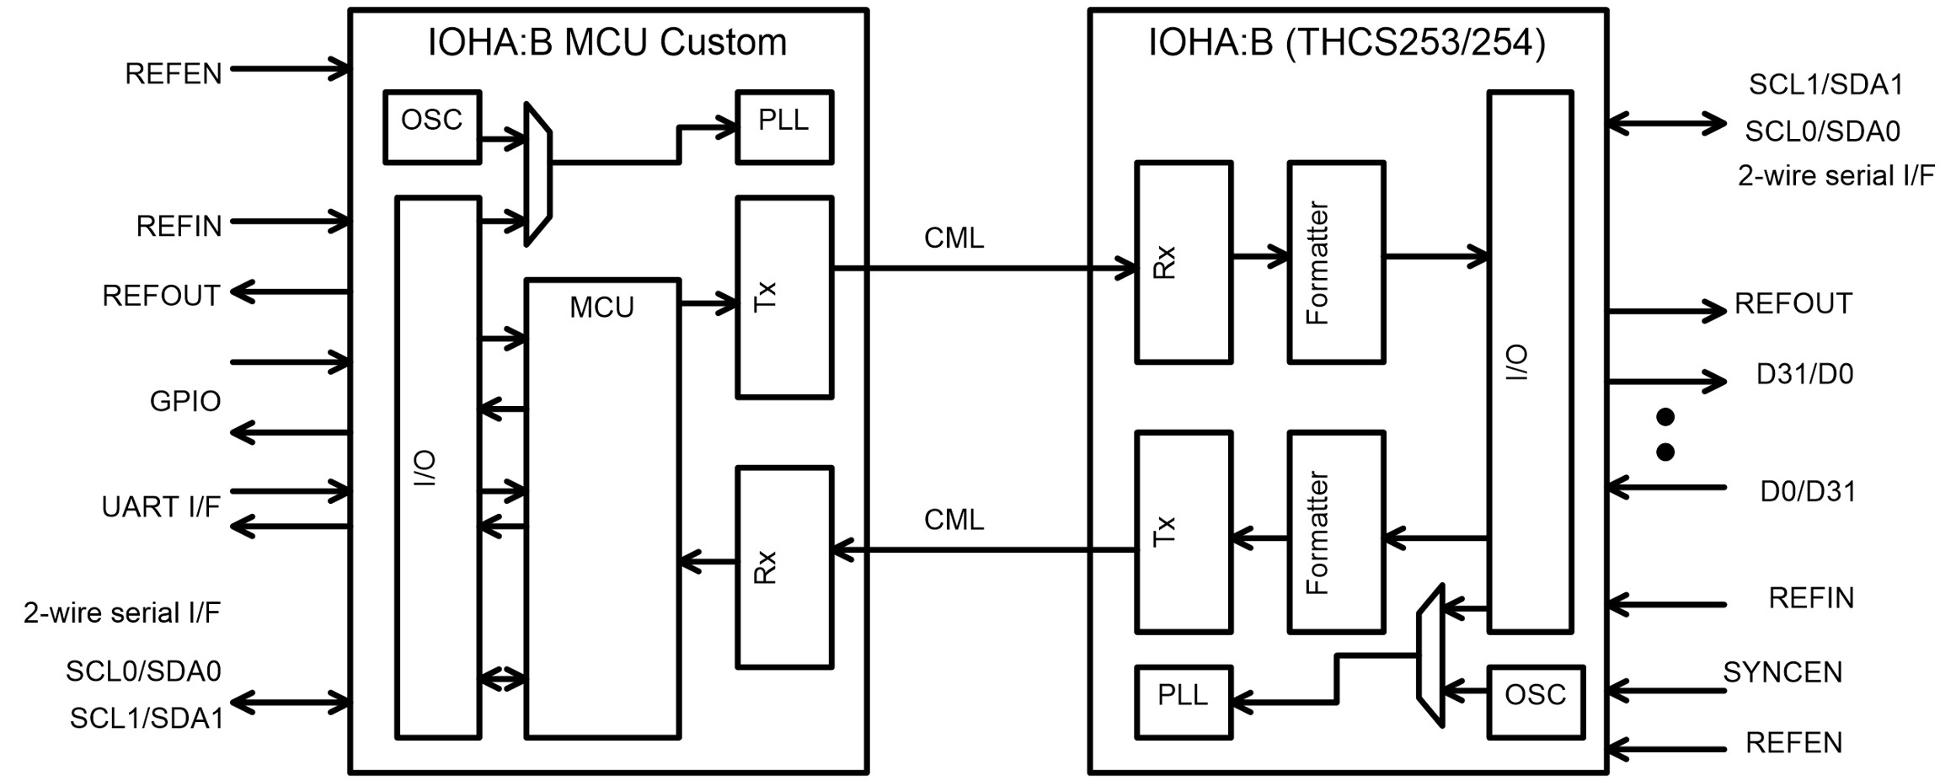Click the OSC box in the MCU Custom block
[x=431, y=126]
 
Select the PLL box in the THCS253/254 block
[x=1183, y=701]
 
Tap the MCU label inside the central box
[x=601, y=308]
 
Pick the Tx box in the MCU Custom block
[x=784, y=297]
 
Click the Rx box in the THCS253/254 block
[x=1183, y=262]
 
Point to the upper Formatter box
[x=1336, y=262]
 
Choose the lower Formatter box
[x=1336, y=532]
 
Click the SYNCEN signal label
[x=1782, y=672]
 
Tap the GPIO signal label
[x=185, y=401]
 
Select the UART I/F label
[x=161, y=507]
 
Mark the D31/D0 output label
[x=1804, y=374]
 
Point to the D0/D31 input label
[x=1808, y=491]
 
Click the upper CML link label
[x=954, y=238]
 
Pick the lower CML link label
[x=954, y=520]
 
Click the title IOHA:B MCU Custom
[x=607, y=42]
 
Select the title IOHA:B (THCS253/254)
[x=1346, y=42]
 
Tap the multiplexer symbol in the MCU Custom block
[x=537, y=174]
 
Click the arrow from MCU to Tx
[x=708, y=303]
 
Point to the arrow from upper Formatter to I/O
[x=1435, y=256]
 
